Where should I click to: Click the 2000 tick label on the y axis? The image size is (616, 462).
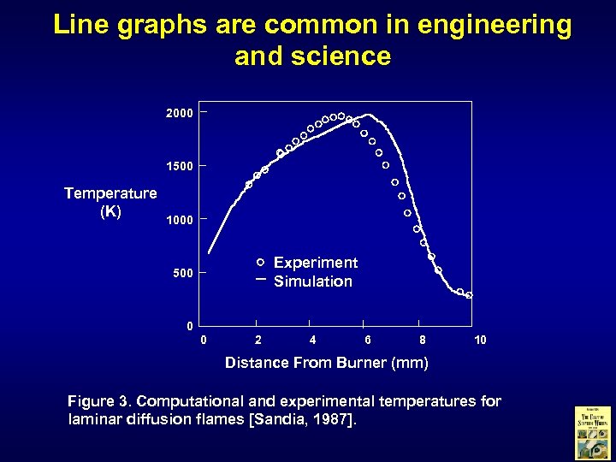coord(179,113)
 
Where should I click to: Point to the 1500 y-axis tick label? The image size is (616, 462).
coord(179,165)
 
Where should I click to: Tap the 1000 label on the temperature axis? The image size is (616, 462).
coord(179,220)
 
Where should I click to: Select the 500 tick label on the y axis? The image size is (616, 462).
coord(182,273)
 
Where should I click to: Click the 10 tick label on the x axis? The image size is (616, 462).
coord(480,341)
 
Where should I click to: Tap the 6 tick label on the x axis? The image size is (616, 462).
coord(367,341)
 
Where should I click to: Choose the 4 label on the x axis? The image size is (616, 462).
coord(312,341)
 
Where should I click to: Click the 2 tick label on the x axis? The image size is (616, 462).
coord(258,341)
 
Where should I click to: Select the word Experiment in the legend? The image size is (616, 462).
coord(316,263)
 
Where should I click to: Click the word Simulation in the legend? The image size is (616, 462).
coord(313,281)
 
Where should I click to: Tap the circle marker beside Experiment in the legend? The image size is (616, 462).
coord(260,262)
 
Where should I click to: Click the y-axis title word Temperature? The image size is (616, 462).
coord(110,193)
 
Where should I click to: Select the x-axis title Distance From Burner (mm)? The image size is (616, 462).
coord(326,363)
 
